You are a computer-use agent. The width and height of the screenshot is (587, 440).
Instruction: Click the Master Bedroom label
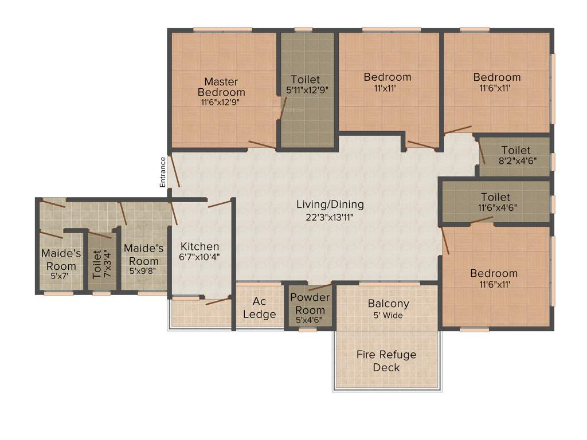click(x=221, y=87)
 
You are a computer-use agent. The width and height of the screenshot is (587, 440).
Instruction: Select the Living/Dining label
click(x=330, y=205)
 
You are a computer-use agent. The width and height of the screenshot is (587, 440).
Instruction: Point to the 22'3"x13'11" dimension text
click(x=330, y=217)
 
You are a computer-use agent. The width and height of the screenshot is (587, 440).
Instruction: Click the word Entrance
click(x=162, y=172)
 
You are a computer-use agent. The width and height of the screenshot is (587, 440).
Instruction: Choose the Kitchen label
click(x=199, y=247)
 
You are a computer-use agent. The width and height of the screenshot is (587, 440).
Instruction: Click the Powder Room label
click(x=310, y=303)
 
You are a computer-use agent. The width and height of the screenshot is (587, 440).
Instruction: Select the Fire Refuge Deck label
click(x=386, y=360)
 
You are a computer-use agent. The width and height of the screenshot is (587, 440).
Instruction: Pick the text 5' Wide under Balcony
click(x=389, y=316)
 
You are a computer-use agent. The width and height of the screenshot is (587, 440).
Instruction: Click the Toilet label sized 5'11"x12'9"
click(x=306, y=80)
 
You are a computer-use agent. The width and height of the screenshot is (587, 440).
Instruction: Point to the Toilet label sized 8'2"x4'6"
click(x=516, y=151)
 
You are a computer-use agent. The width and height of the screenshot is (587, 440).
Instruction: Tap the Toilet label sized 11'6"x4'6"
click(x=496, y=198)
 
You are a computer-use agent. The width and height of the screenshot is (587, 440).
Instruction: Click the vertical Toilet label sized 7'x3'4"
click(x=97, y=264)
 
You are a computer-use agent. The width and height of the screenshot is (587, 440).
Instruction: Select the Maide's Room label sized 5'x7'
click(x=58, y=260)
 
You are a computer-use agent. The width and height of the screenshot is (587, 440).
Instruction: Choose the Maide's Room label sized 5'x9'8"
click(x=144, y=254)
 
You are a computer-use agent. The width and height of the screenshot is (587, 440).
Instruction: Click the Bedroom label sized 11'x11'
click(x=388, y=77)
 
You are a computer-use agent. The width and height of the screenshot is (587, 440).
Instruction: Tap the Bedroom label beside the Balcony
click(x=494, y=273)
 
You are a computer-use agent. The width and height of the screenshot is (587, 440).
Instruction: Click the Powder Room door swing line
click(x=320, y=286)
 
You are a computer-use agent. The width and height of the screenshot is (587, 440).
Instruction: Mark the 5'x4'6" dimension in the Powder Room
click(x=310, y=320)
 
